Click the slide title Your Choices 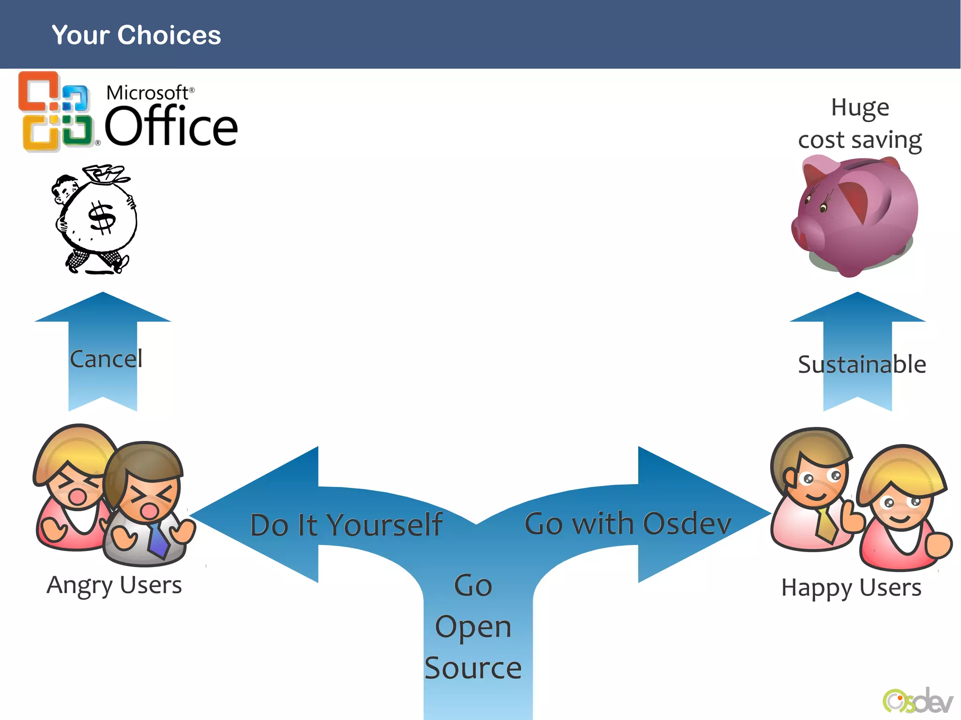(136, 35)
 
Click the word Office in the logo (171, 126)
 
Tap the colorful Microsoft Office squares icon (55, 112)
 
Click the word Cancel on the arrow (106, 359)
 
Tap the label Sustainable (862, 364)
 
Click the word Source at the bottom (473, 667)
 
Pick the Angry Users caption (114, 585)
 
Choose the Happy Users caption (851, 587)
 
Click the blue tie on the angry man (158, 539)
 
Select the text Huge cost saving (860, 124)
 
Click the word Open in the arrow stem (473, 627)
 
